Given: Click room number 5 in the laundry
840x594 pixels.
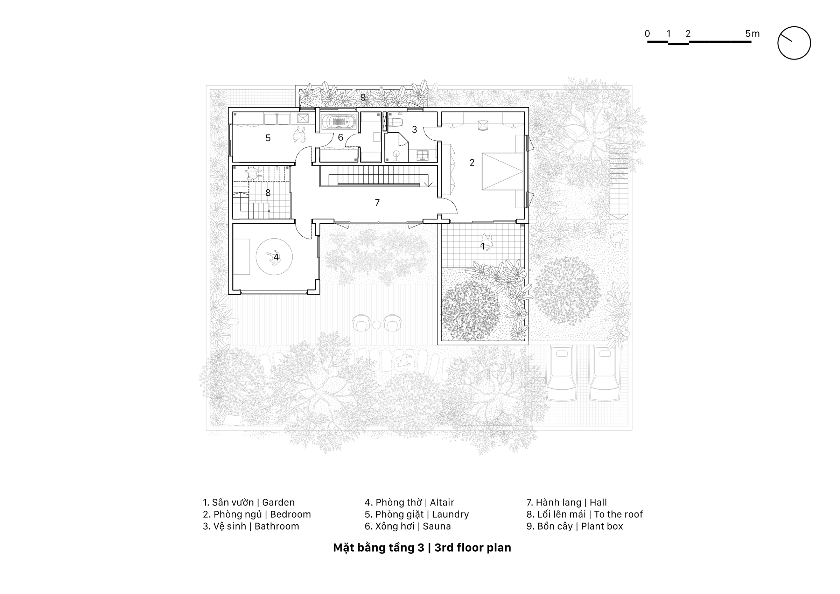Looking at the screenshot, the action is [268, 138].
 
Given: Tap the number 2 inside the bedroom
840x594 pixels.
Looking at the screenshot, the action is [472, 162].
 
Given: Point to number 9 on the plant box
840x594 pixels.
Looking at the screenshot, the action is [363, 97].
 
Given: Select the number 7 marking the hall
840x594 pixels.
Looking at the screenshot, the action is [377, 202].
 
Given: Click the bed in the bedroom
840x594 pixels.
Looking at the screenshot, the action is [502, 171].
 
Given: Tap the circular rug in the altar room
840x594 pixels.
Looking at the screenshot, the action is [274, 257].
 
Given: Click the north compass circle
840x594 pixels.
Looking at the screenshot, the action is [794, 43].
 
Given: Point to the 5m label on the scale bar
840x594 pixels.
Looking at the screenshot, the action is [752, 34].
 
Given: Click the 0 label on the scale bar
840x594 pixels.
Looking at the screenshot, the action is [647, 34].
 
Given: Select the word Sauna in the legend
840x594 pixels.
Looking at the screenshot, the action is [437, 526].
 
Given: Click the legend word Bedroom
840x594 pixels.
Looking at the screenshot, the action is [290, 514].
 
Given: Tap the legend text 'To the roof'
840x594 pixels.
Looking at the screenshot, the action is [618, 514].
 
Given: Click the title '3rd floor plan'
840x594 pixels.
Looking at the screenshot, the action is [473, 547].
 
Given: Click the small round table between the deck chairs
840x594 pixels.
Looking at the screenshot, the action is [377, 324].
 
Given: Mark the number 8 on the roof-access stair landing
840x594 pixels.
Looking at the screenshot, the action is [268, 193].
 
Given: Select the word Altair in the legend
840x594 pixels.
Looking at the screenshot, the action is [442, 503].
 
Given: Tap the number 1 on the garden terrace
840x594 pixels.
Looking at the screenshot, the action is [483, 247].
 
